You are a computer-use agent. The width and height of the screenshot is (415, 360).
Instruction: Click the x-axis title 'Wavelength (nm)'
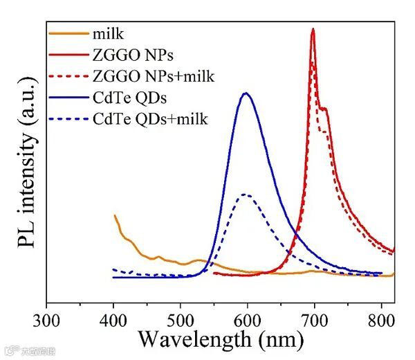[220, 339]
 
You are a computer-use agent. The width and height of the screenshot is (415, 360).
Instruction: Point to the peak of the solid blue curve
[246, 93]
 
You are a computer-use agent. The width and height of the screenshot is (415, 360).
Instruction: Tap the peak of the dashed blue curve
[246, 195]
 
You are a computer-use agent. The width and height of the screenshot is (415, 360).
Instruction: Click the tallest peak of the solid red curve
[313, 29]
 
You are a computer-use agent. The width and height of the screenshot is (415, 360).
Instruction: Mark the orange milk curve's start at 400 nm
[114, 216]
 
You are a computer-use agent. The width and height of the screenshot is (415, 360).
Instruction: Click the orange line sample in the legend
[67, 33]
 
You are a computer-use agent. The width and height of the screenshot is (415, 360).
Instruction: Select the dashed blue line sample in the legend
[67, 118]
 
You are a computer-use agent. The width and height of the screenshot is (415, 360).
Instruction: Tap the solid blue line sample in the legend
[67, 97]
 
